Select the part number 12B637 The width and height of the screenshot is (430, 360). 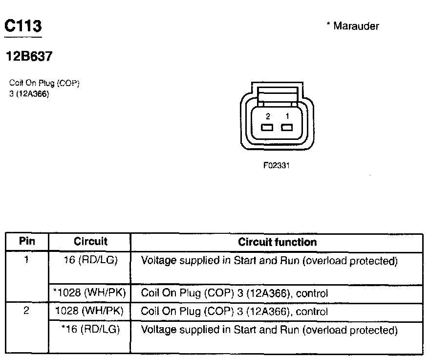pyautogui.click(x=28, y=57)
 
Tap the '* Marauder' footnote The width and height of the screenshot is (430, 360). pyautogui.click(x=352, y=26)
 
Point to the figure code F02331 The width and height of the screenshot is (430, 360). pyautogui.click(x=277, y=165)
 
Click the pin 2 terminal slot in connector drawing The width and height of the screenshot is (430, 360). pyautogui.click(x=267, y=128)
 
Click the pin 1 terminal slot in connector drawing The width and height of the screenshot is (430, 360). pyautogui.click(x=287, y=128)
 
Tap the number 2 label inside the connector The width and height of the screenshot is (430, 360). pyautogui.click(x=268, y=116)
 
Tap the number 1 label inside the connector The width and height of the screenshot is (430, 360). pyautogui.click(x=287, y=116)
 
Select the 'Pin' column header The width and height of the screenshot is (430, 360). pyautogui.click(x=27, y=242)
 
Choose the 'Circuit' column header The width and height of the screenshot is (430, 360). pyautogui.click(x=90, y=242)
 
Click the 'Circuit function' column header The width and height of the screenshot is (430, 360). pyautogui.click(x=277, y=242)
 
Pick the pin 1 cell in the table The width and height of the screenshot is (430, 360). pyautogui.click(x=27, y=260)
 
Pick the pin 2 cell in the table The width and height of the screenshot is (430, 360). pyautogui.click(x=27, y=311)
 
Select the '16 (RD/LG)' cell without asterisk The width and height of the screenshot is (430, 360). pyautogui.click(x=90, y=260)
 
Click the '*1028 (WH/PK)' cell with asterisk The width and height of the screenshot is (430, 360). pyautogui.click(x=90, y=293)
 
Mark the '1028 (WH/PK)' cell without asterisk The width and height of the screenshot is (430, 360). pyautogui.click(x=90, y=311)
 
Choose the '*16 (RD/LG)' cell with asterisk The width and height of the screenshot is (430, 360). pyautogui.click(x=90, y=330)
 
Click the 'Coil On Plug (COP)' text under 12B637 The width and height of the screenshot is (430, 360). pyautogui.click(x=44, y=83)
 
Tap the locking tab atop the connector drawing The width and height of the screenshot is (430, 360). pyautogui.click(x=278, y=93)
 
